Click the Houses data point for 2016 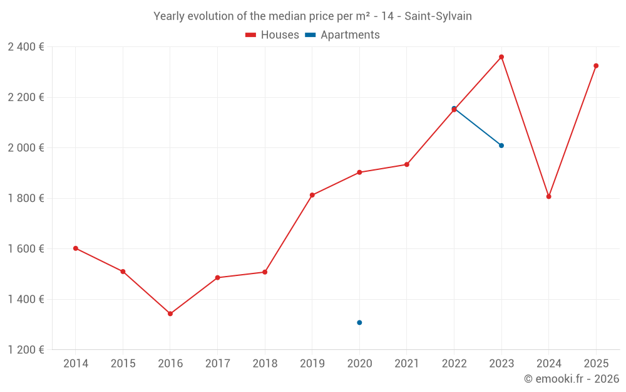(x=170, y=314)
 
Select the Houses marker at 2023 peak (x=501, y=57)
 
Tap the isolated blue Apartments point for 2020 (x=359, y=322)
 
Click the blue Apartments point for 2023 (x=501, y=146)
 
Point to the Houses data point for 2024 (x=548, y=196)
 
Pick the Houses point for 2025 (x=596, y=66)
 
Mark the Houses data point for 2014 (x=76, y=248)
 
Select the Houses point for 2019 (x=312, y=195)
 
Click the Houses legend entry (x=272, y=35)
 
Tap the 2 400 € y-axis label (x=26, y=47)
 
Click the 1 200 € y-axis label (x=26, y=350)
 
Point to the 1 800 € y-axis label (x=26, y=198)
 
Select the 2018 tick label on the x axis (x=265, y=364)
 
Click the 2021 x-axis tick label (x=407, y=364)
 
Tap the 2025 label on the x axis (x=596, y=364)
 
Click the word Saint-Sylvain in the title (x=438, y=16)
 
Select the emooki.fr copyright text (x=572, y=379)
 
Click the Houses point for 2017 (x=217, y=278)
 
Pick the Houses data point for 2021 (x=407, y=164)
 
